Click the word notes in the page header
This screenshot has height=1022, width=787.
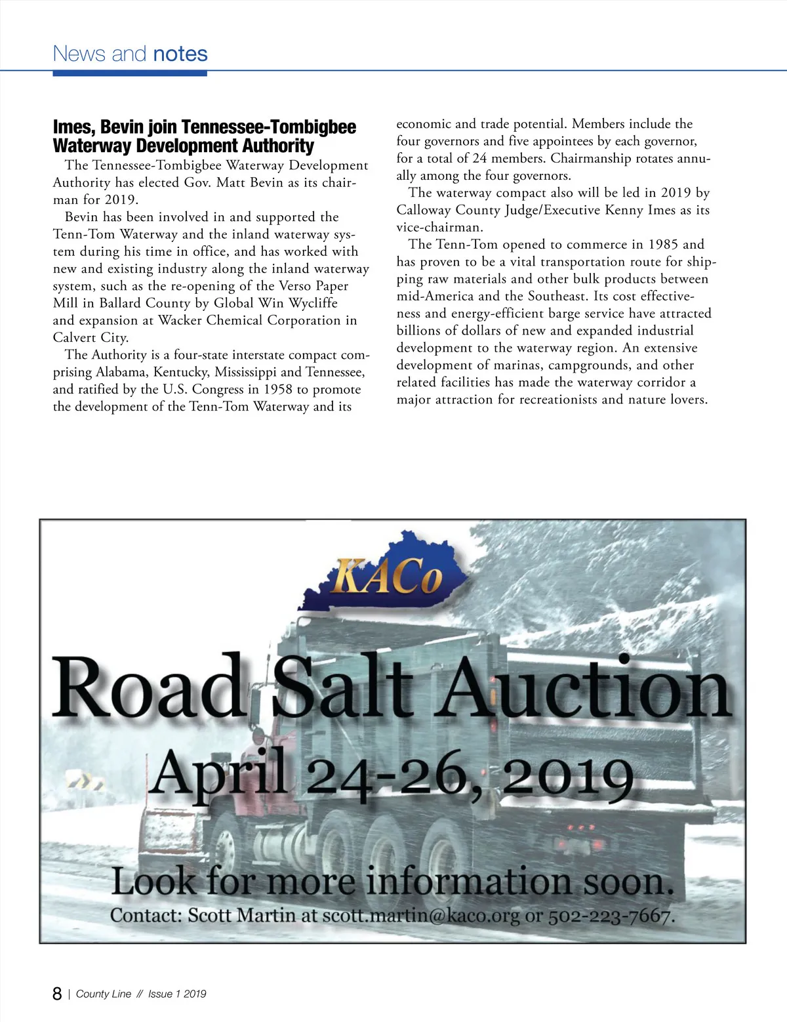pos(180,54)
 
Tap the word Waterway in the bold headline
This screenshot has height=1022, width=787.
pos(91,146)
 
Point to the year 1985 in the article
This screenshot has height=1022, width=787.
pos(663,245)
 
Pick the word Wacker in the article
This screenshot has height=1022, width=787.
pos(180,320)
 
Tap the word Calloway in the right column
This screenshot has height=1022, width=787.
pos(425,210)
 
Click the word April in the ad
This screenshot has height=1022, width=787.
pos(220,775)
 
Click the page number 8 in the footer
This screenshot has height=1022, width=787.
pos(58,994)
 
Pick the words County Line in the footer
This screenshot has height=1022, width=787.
pos(104,994)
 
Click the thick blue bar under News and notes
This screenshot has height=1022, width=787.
pos(130,73)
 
